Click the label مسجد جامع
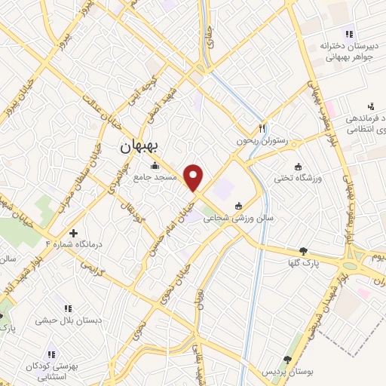[156, 176]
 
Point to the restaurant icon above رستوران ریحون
[262, 128]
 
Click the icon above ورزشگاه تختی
[298, 167]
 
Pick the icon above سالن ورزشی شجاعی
[239, 206]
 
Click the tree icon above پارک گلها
[304, 251]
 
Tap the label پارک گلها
[305, 263]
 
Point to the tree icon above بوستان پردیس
[286, 360]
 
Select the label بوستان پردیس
[286, 373]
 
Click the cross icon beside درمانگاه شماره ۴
[72, 234]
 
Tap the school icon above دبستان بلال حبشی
[69, 308]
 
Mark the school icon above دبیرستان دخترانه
[348, 33]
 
